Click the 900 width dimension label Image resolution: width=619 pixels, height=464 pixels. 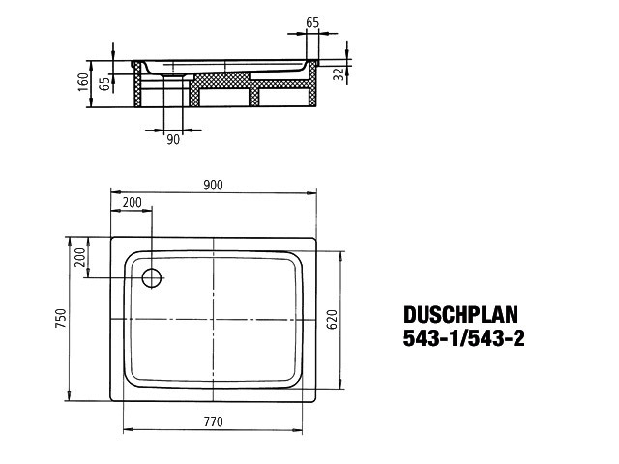[x=213, y=185]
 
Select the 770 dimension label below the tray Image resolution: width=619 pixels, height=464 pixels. [x=214, y=421]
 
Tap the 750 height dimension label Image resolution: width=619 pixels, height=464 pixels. [x=61, y=318]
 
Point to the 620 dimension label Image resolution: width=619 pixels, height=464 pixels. [x=332, y=320]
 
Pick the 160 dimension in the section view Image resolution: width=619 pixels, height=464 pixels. [x=83, y=81]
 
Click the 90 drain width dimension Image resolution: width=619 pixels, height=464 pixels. [x=173, y=139]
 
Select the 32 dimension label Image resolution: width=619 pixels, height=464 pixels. [x=339, y=74]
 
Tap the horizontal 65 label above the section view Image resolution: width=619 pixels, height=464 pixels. [x=312, y=23]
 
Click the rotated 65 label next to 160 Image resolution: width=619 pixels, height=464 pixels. [x=104, y=84]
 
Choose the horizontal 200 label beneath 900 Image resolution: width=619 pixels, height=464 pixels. [x=132, y=202]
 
